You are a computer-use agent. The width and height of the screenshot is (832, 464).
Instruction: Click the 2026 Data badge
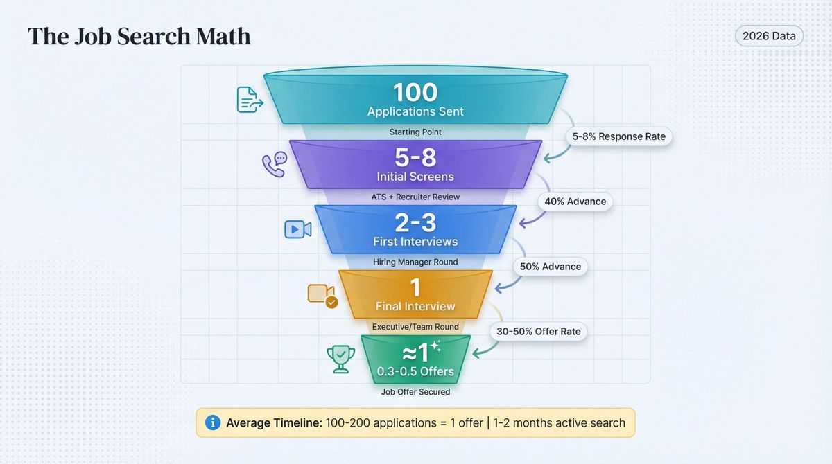point(768,35)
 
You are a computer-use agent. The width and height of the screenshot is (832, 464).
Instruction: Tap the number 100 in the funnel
point(415,93)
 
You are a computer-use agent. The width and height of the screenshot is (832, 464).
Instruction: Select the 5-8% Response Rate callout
point(618,136)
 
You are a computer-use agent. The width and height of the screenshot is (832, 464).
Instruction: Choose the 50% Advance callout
point(551,267)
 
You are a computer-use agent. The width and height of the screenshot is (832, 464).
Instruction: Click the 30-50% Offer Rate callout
point(539,332)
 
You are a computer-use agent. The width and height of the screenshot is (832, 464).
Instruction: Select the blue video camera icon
point(297,229)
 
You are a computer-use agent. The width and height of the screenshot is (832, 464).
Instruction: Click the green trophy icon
point(341,359)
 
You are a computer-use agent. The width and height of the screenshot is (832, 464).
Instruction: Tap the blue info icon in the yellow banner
point(213,422)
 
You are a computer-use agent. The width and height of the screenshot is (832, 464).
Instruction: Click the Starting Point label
point(415,132)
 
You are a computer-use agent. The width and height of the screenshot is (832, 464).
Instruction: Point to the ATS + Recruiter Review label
point(415,197)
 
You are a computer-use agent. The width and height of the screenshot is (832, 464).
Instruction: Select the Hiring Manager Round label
point(415,262)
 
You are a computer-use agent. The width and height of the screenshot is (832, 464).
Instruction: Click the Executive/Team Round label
point(415,326)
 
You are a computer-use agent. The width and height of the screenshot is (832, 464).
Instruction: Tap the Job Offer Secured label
point(415,392)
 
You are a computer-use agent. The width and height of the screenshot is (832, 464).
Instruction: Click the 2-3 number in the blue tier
point(415,223)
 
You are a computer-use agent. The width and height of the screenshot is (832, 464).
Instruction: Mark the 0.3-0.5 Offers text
point(415,372)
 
